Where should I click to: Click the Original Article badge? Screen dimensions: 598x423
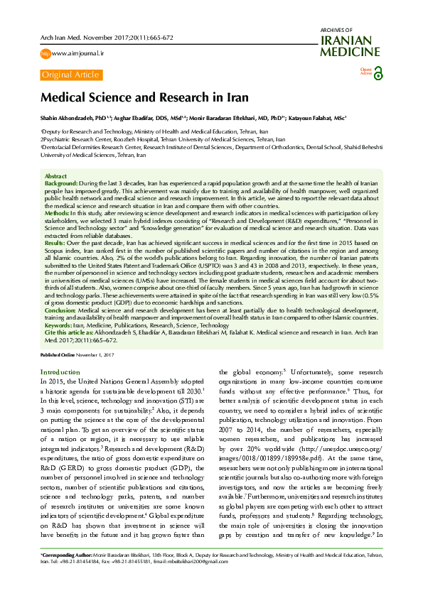click(70, 75)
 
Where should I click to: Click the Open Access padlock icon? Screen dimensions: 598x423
click(378, 72)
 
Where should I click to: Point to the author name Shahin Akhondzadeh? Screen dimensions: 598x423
click(70, 118)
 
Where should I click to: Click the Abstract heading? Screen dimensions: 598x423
click(55, 176)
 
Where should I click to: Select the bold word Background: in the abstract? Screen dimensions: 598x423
click(62, 183)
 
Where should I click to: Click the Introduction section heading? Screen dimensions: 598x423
click(60, 372)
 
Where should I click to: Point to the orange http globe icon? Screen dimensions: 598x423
click(45, 53)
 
